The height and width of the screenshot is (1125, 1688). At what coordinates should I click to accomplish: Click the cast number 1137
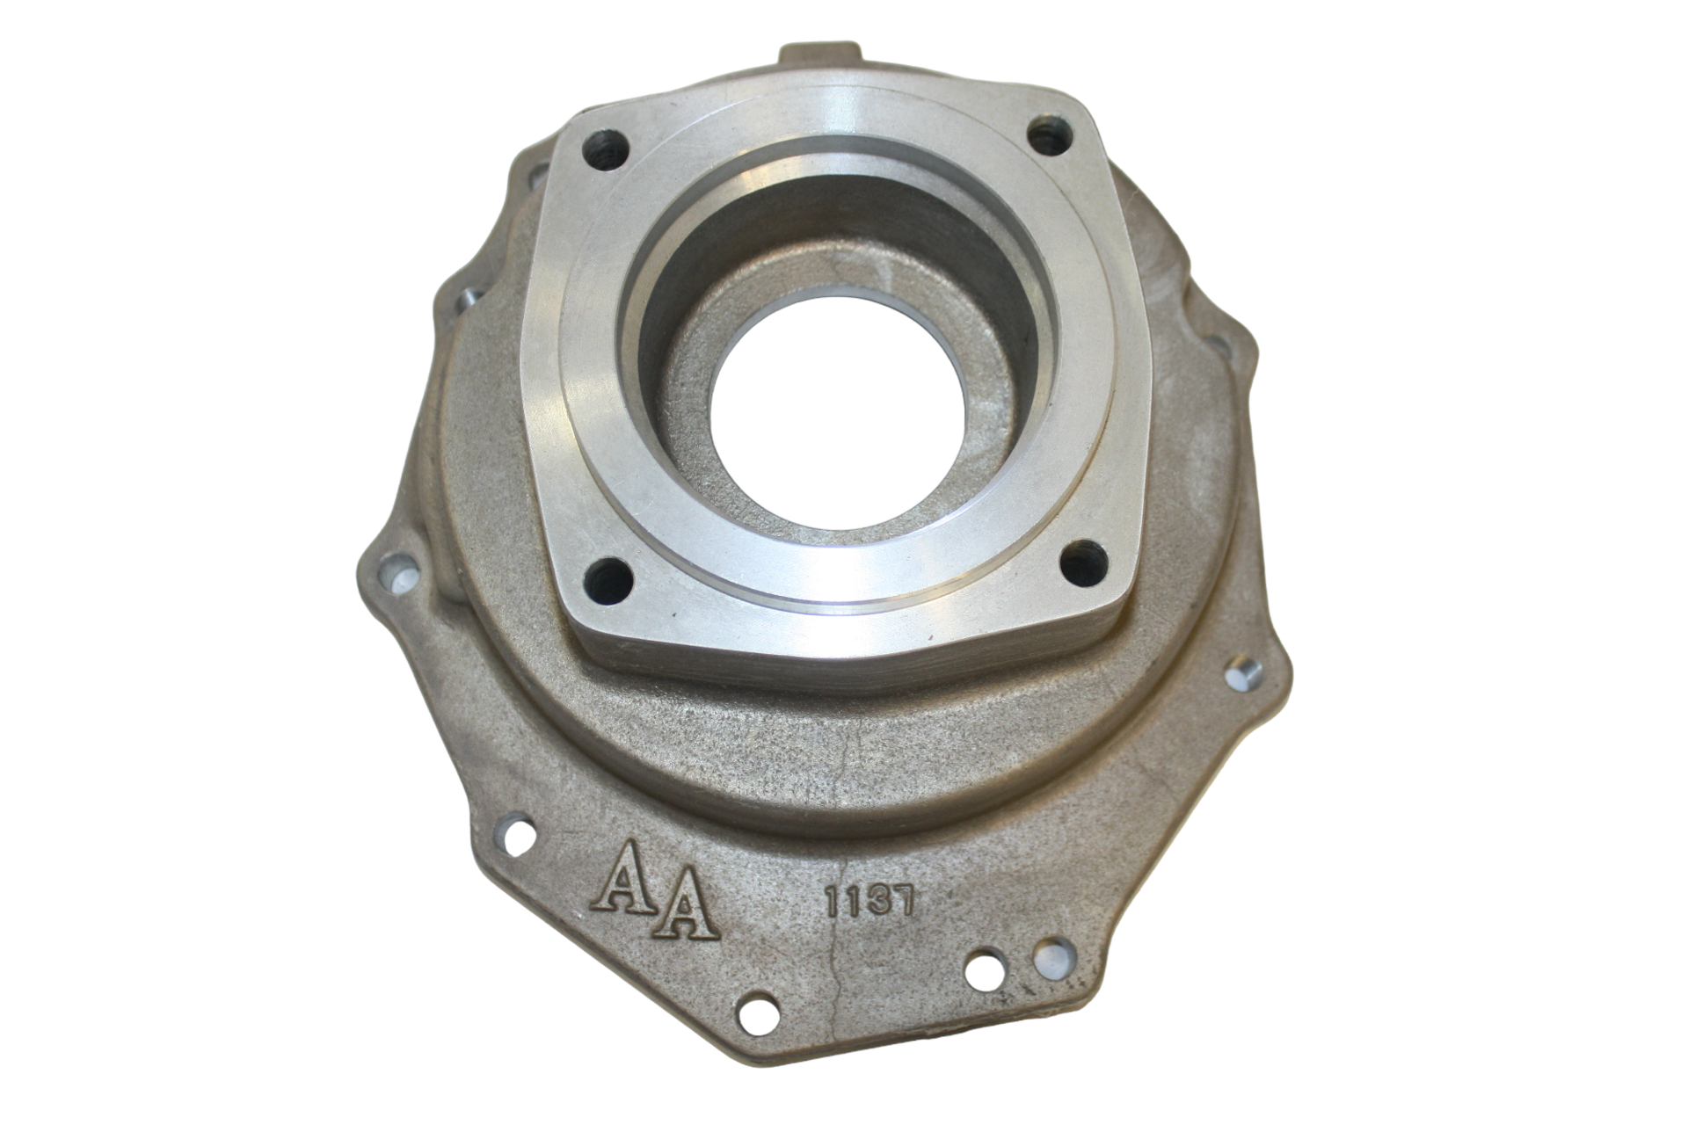pyautogui.click(x=869, y=902)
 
